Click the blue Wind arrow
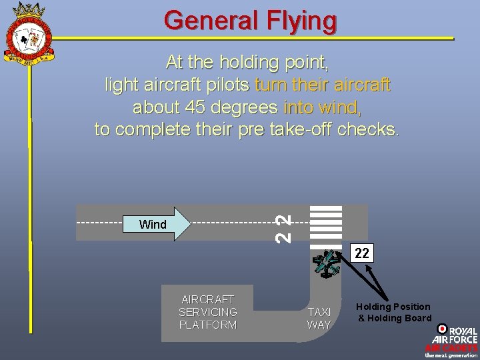point(163,224)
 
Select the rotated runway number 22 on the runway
point(283,227)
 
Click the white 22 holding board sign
point(361,253)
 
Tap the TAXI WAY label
point(319,318)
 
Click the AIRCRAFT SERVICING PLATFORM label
point(208,312)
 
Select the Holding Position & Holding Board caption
point(393,312)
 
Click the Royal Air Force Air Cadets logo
point(451,341)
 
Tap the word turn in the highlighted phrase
point(269,85)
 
